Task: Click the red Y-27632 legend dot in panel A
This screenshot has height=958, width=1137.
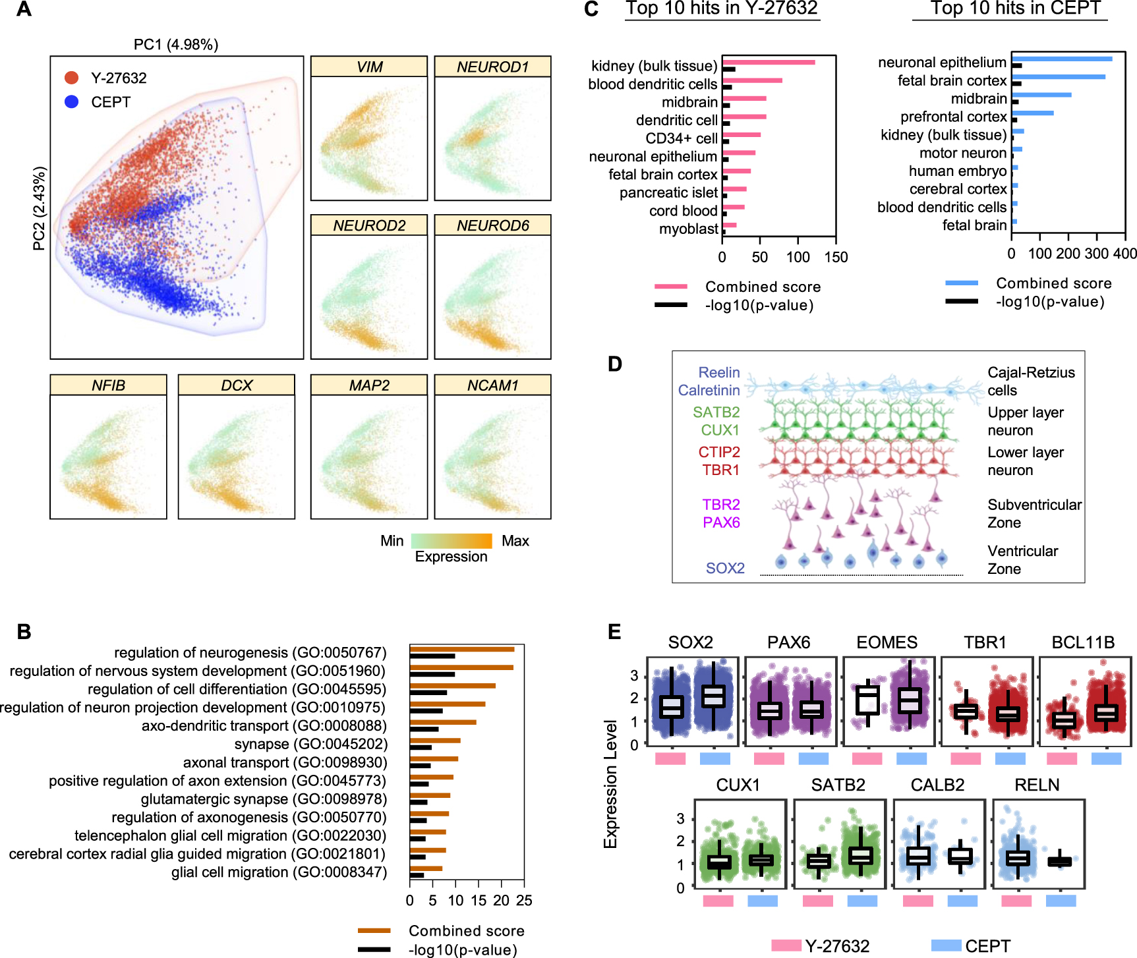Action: pyautogui.click(x=72, y=78)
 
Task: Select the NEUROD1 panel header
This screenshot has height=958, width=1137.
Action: pyautogui.click(x=492, y=67)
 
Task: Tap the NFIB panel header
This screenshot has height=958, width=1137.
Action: pyautogui.click(x=108, y=385)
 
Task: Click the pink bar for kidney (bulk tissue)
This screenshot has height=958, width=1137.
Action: pyautogui.click(x=769, y=63)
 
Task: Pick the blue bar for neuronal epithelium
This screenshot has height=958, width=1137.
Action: pyautogui.click(x=1062, y=59)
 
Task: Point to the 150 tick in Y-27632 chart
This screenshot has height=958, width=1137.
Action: pyautogui.click(x=836, y=257)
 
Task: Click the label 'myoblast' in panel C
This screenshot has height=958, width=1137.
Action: pyautogui.click(x=689, y=229)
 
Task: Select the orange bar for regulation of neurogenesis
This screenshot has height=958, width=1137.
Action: pyautogui.click(x=461, y=650)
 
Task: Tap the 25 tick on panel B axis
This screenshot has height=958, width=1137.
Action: pyautogui.click(x=524, y=901)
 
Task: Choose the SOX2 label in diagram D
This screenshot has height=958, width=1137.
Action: pyautogui.click(x=725, y=568)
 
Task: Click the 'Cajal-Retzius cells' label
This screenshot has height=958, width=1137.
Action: pyautogui.click(x=1030, y=381)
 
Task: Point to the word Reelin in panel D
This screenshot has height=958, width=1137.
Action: pyautogui.click(x=719, y=372)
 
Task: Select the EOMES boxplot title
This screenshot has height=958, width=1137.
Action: pyautogui.click(x=887, y=642)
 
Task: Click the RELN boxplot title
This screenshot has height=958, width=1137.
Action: pyautogui.click(x=1037, y=785)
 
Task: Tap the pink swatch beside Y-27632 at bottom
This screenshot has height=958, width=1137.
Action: pyautogui.click(x=786, y=946)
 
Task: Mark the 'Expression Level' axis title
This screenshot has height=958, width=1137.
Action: pyautogui.click(x=611, y=784)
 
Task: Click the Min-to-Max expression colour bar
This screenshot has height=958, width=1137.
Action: pyautogui.click(x=452, y=541)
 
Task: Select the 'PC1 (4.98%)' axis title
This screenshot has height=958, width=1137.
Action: pyautogui.click(x=176, y=44)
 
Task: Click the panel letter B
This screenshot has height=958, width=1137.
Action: pyautogui.click(x=24, y=632)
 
